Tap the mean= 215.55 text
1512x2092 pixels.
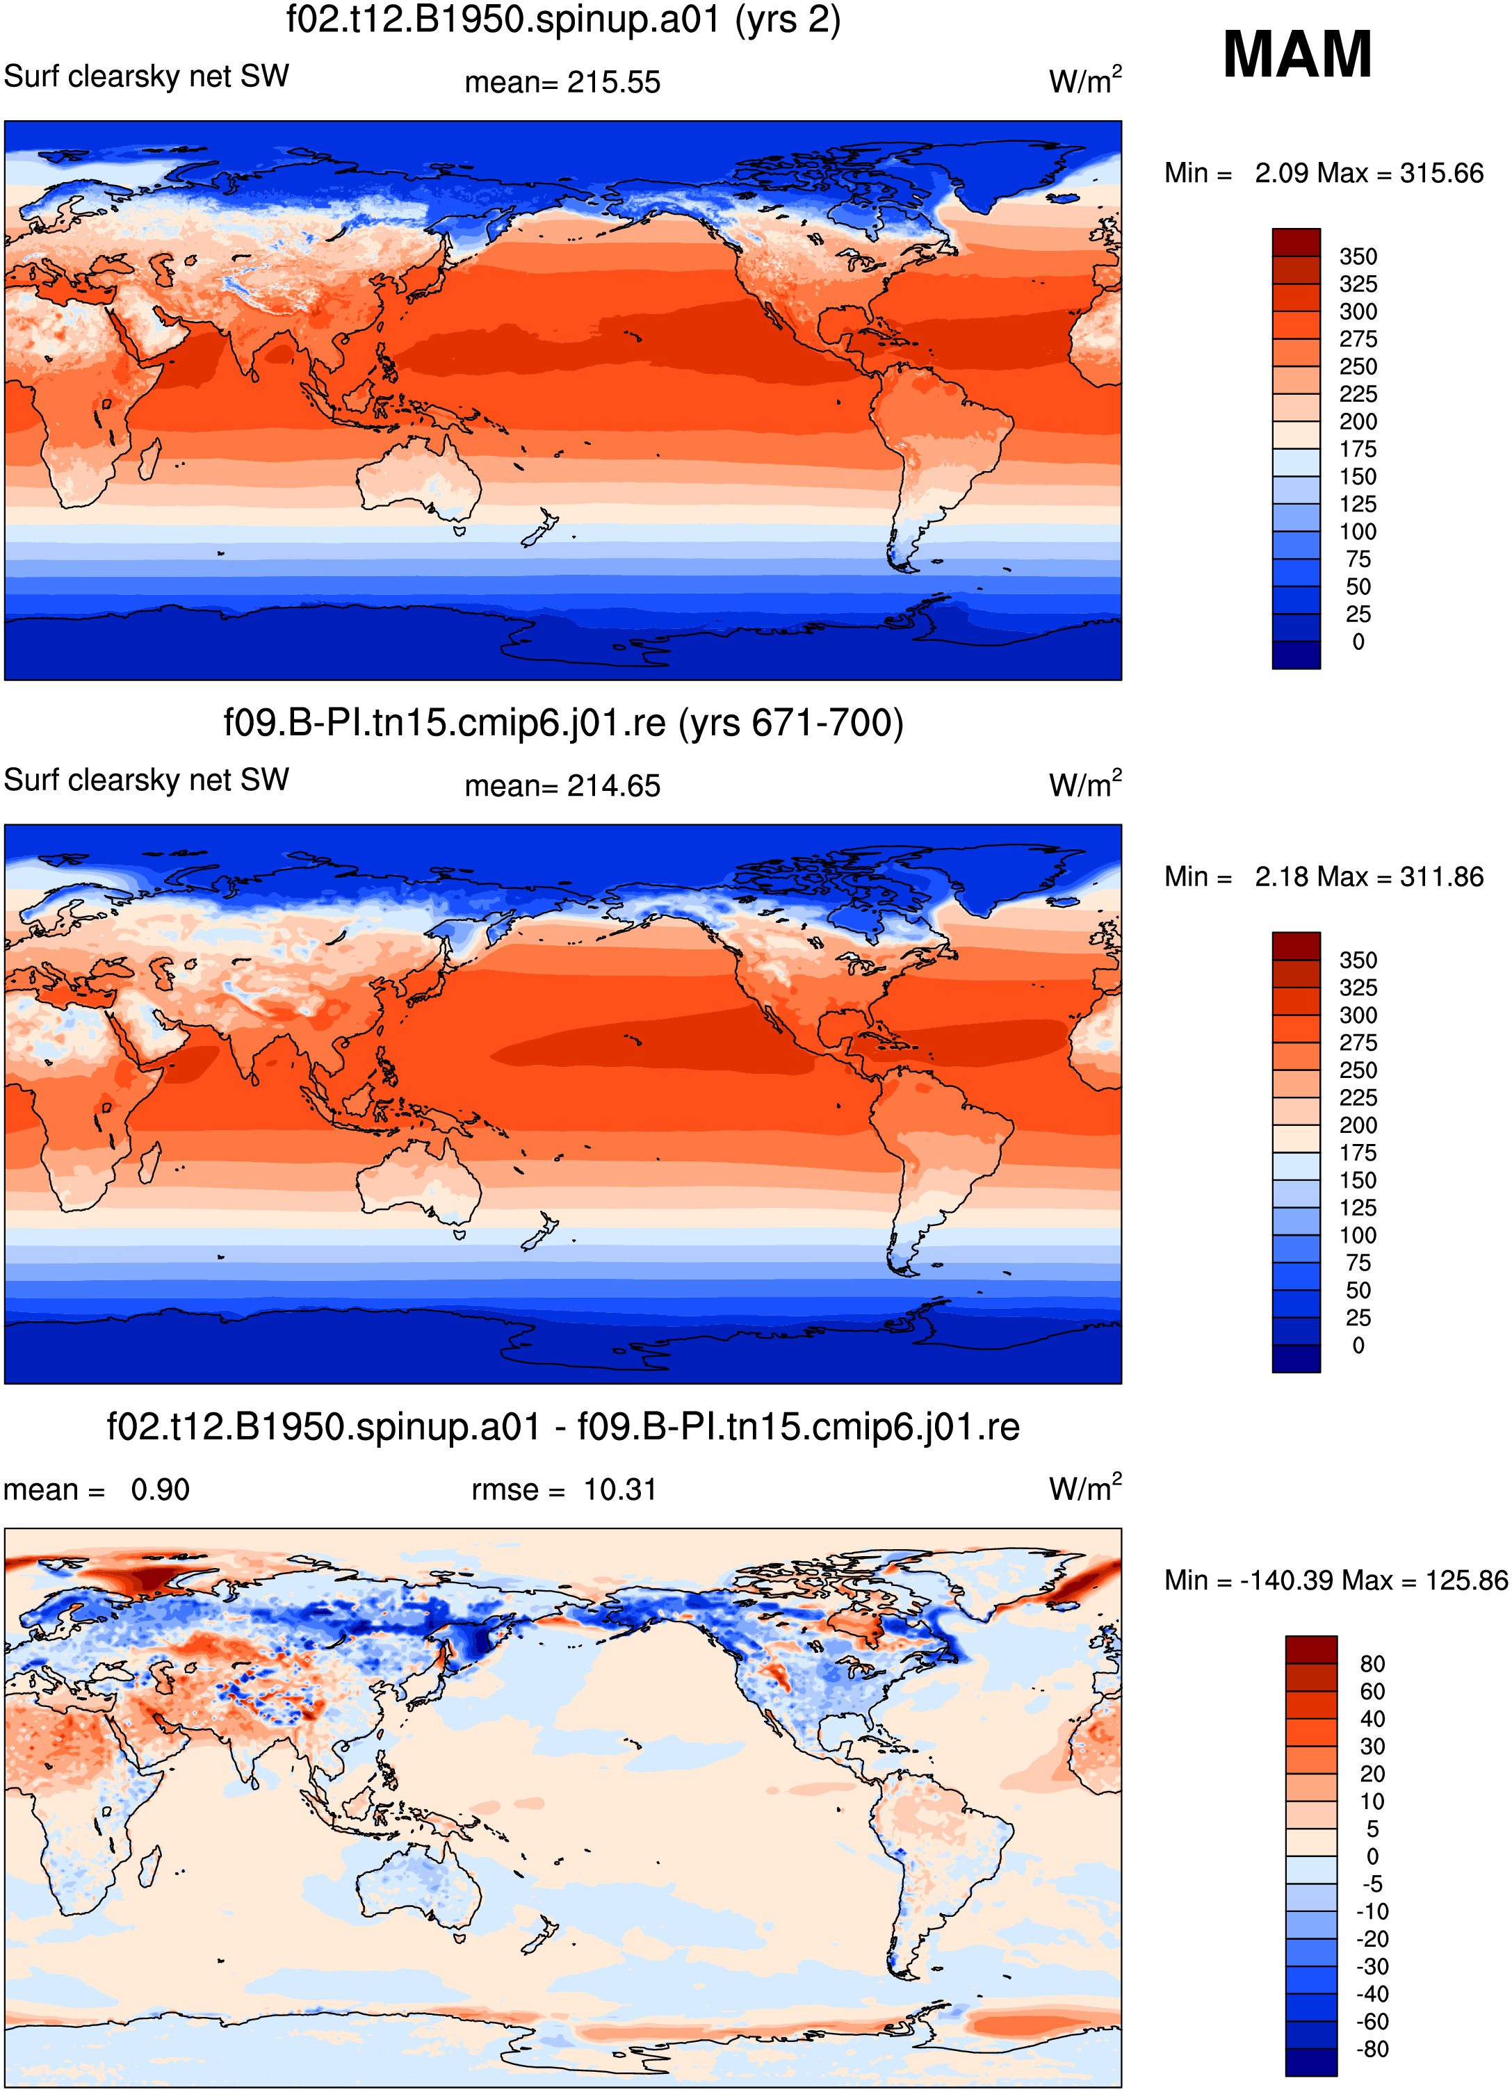tap(562, 82)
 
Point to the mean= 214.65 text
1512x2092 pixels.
tap(562, 786)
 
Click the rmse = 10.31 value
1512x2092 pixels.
tap(564, 1489)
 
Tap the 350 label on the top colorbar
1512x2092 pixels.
tap(1358, 256)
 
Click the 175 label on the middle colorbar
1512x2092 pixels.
tap(1358, 1153)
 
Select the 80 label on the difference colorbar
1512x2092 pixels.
tap(1373, 1664)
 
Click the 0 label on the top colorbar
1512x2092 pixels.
tap(1358, 642)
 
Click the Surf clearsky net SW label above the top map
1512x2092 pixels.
tap(147, 76)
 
